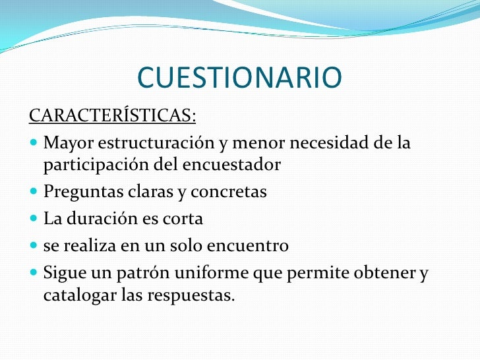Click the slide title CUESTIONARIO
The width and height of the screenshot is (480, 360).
coord(239,78)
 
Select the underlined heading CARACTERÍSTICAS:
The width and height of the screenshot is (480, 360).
coord(112,116)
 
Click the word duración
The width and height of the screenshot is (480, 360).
coord(96,219)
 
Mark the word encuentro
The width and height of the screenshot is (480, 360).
coord(250,246)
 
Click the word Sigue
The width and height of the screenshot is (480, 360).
coord(63,273)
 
